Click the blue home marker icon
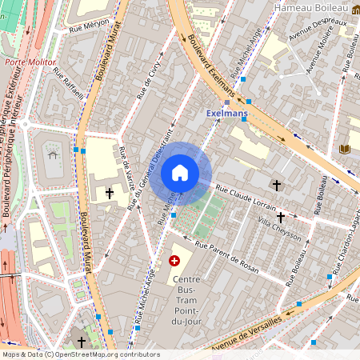point(180,173)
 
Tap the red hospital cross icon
point(175,261)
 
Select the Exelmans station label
point(227,114)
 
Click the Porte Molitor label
point(26,61)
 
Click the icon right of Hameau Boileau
point(355,9)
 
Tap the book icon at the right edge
point(345,149)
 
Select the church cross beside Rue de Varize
point(110,193)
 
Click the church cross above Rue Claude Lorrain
point(278,185)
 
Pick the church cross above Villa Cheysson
point(281,217)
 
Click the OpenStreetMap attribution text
point(80,354)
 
